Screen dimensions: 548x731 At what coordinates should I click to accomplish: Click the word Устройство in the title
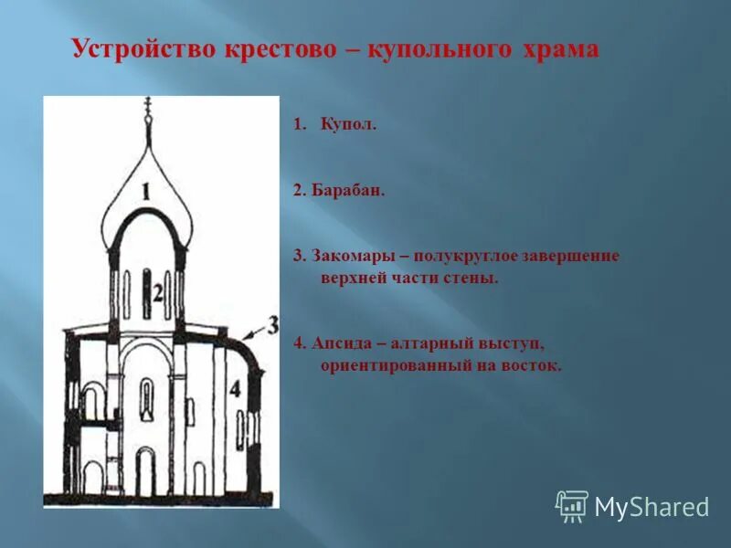tap(143, 49)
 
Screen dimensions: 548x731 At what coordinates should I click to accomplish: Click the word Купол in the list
tap(348, 124)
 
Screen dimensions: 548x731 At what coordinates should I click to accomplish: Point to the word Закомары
tap(352, 256)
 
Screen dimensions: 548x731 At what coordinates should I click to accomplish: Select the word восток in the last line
tap(534, 366)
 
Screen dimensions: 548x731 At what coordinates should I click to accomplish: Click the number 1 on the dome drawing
tap(146, 190)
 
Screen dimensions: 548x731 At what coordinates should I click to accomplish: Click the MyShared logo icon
tap(572, 505)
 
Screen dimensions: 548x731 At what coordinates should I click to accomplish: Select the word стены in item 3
tap(474, 278)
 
